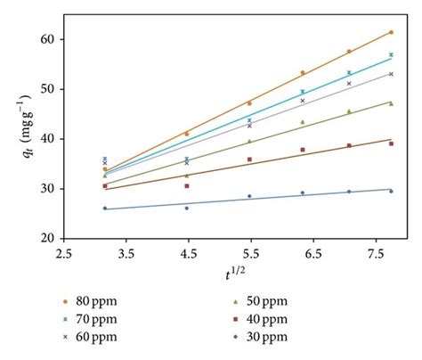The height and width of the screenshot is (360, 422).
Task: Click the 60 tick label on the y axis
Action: [45, 39]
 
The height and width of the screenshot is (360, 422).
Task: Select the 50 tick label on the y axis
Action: [45, 89]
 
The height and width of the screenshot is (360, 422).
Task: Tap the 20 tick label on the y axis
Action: [45, 239]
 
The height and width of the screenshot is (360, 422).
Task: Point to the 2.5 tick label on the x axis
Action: [64, 254]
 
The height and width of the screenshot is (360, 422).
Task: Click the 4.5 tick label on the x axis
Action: [186, 254]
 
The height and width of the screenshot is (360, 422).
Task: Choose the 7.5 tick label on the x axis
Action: [369, 254]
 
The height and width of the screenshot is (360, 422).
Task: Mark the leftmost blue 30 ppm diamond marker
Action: [104, 209]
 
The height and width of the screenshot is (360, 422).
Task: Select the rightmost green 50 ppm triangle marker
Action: [391, 103]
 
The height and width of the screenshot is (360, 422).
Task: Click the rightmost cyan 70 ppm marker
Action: [391, 54]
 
